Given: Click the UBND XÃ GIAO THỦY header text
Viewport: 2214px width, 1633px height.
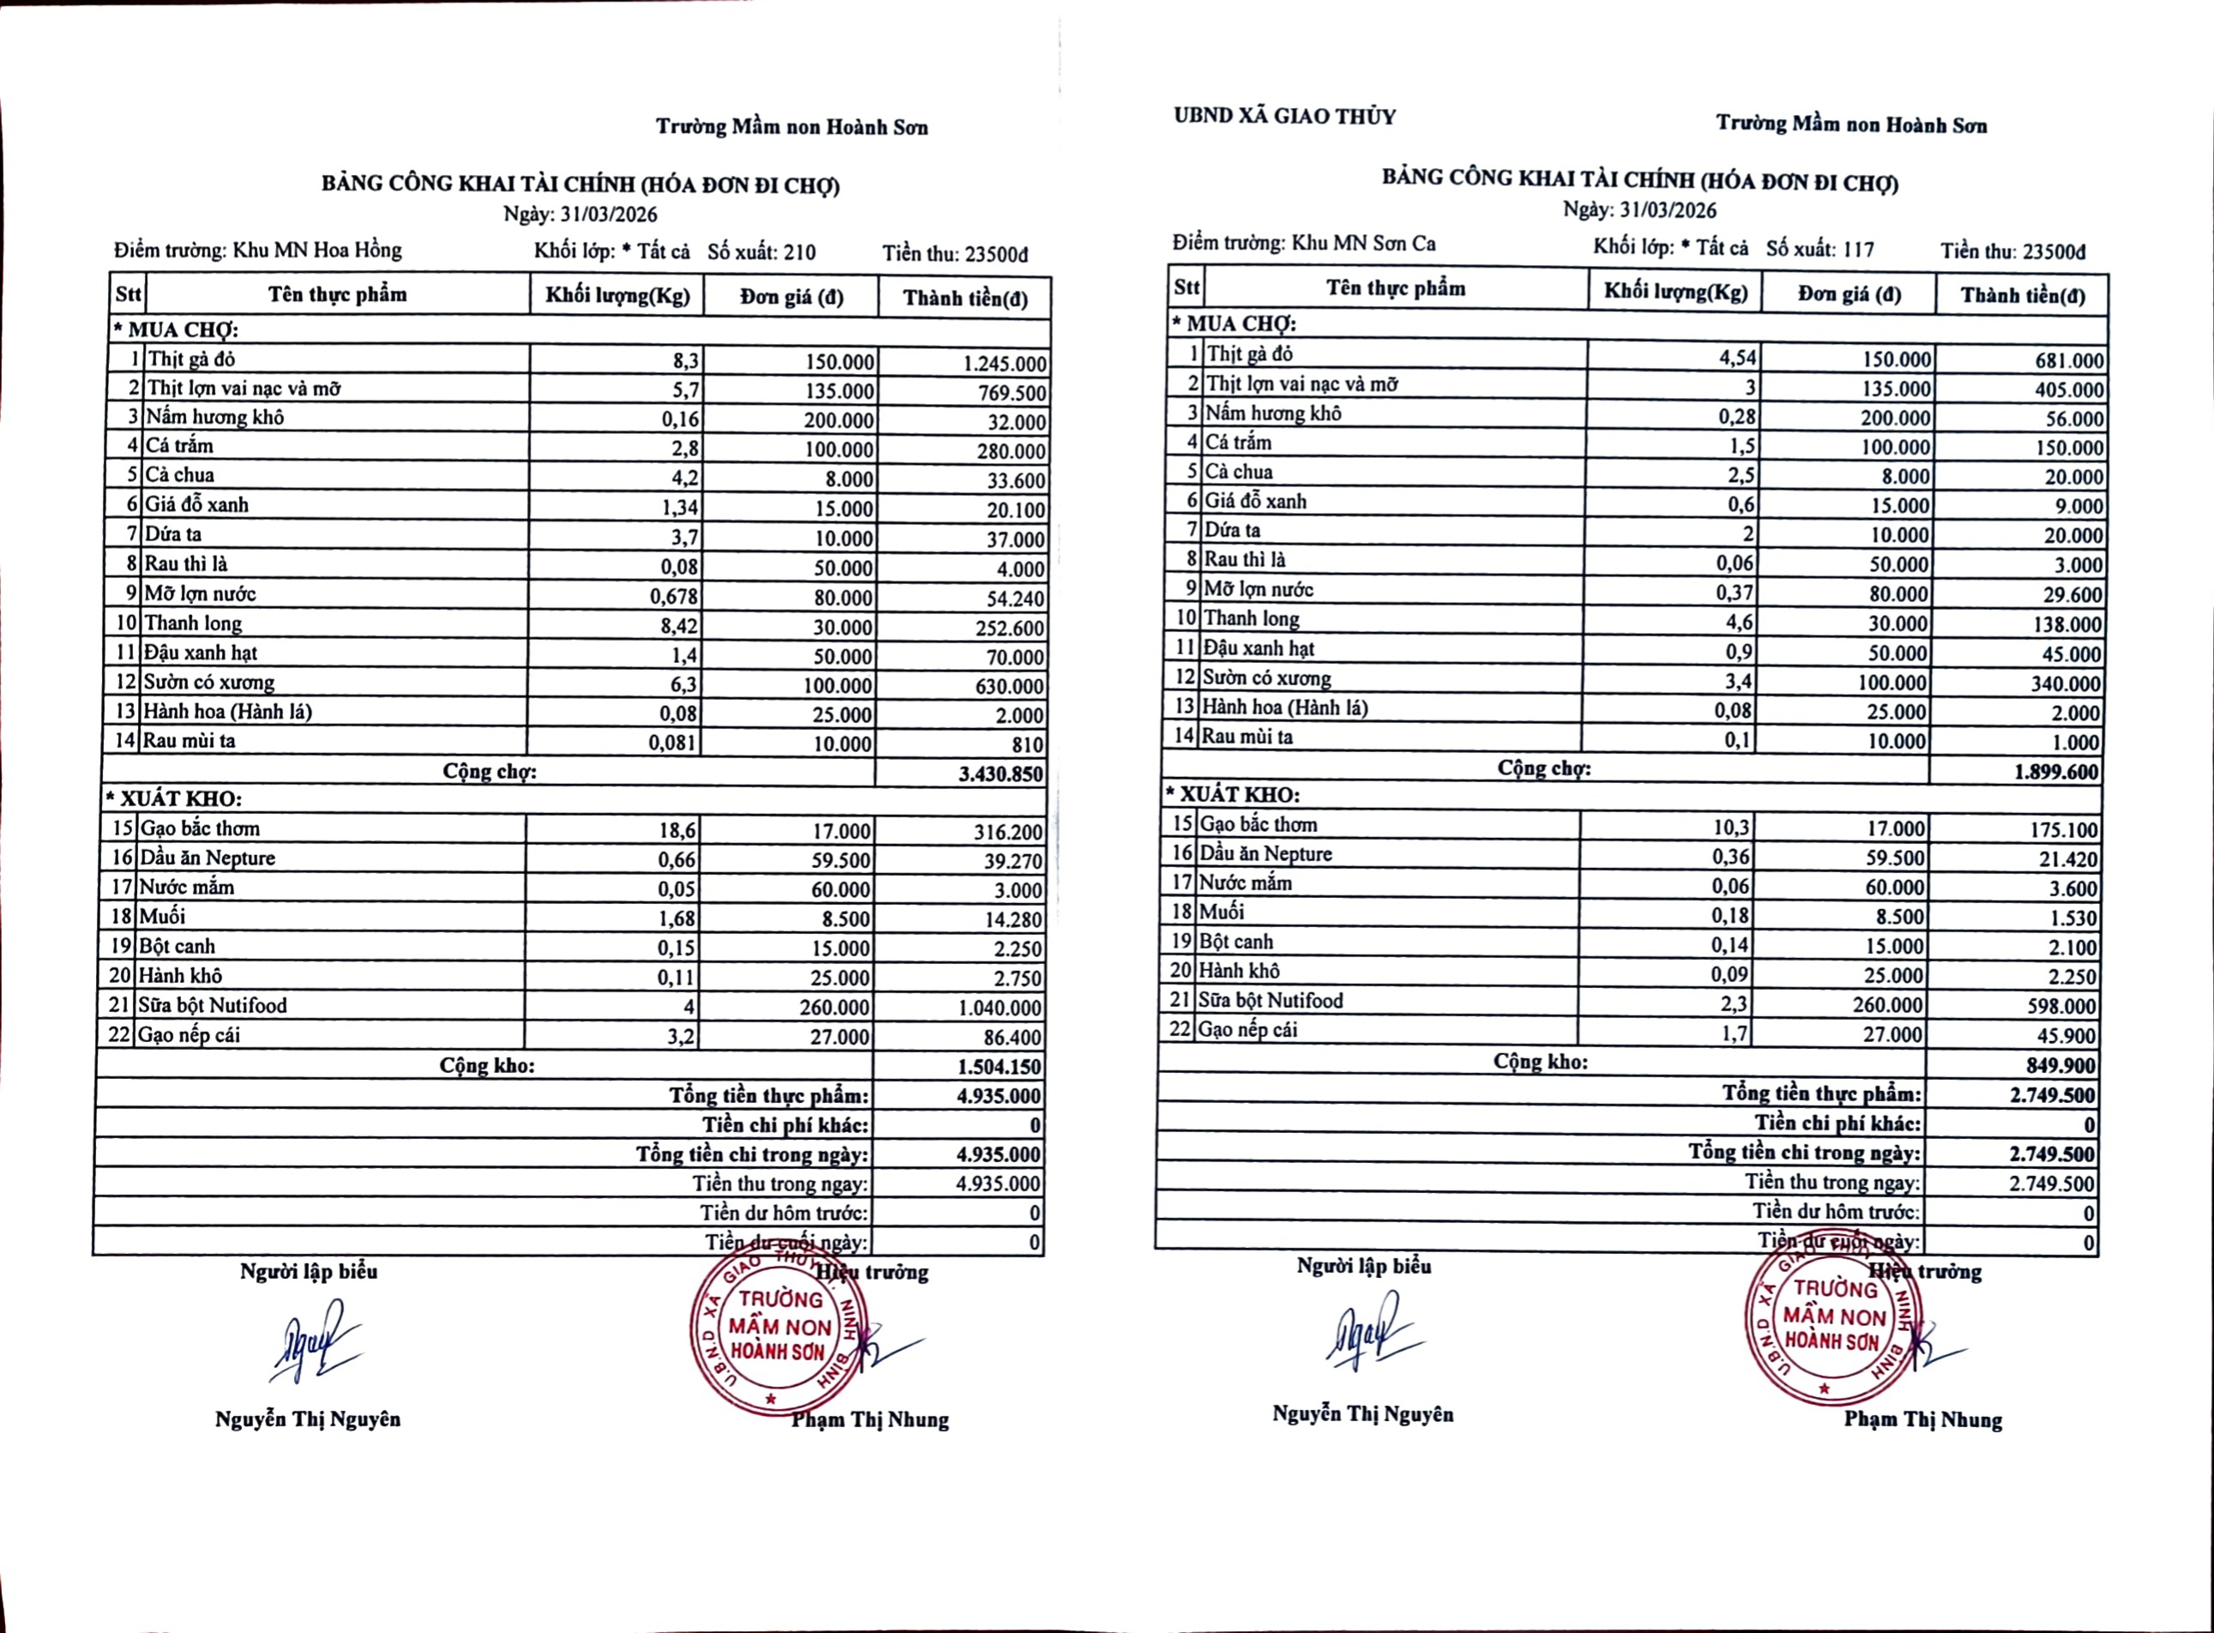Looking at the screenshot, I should [x=1284, y=117].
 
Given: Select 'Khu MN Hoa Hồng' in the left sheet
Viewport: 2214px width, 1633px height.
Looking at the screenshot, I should [x=316, y=250].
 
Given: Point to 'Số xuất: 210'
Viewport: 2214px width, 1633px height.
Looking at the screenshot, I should [x=761, y=252].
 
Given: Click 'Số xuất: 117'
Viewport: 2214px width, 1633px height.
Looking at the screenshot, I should [x=1820, y=249].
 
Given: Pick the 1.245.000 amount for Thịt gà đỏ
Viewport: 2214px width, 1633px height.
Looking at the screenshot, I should [x=1003, y=364].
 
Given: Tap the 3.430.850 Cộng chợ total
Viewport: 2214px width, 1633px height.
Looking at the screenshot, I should [x=1001, y=774].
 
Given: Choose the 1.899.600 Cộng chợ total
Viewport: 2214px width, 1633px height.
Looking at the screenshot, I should [x=2056, y=772].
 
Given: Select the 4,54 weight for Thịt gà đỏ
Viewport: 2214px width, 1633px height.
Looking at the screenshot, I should [x=1737, y=358].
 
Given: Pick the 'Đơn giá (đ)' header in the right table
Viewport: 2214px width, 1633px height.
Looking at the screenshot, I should [x=1849, y=294].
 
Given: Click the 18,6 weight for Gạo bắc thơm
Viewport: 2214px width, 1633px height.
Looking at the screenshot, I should [x=677, y=831].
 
